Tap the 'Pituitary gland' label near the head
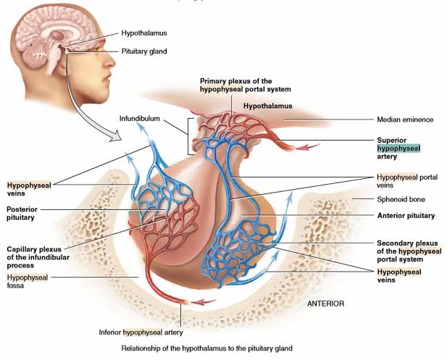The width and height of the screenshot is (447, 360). coord(144,51)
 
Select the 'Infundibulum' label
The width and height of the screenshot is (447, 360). coord(140,118)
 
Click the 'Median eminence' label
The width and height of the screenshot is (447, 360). coord(404,120)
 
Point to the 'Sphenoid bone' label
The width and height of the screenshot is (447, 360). coord(401,199)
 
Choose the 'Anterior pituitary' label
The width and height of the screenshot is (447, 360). coord(406,215)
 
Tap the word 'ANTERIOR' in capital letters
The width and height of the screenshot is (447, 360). coord(325,304)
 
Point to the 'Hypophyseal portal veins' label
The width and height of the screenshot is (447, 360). coord(404,180)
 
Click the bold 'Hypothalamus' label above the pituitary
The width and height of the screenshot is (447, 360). coord(267,106)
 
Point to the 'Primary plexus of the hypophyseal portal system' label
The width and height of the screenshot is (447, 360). coord(245,84)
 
